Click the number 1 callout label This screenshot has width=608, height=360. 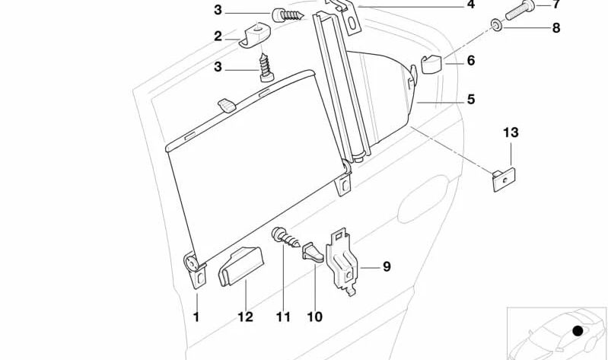coord(196,317)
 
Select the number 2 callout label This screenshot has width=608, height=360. coord(218,36)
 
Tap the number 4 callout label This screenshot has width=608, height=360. coord(470,5)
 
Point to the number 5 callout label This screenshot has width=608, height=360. coord(470,100)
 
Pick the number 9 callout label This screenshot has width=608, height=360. coord(387,266)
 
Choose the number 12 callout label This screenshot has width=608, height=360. coord(245,317)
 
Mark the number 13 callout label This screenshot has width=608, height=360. coord(510,132)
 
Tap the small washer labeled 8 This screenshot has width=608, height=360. coord(495,27)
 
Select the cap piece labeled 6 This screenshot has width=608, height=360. coord(431,66)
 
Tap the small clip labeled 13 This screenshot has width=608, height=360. coord(504,180)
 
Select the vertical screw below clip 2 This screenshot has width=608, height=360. coord(265,64)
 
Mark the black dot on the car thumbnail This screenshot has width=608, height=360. coord(578,332)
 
